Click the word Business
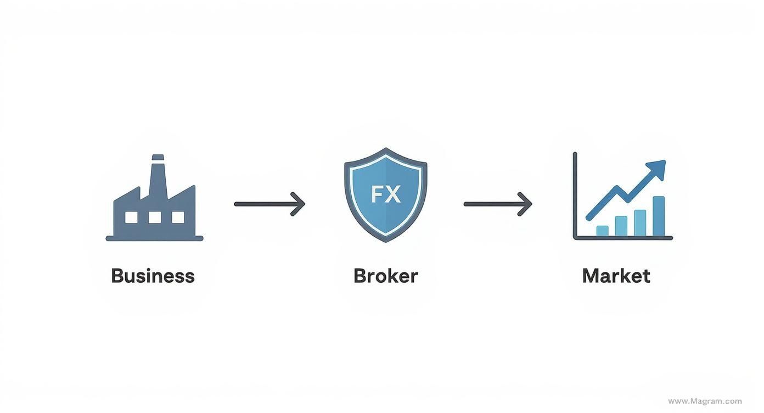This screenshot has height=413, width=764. [x=153, y=276]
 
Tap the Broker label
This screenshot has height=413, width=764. [x=385, y=276]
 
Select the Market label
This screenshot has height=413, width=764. [x=616, y=276]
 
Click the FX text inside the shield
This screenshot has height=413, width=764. [x=385, y=194]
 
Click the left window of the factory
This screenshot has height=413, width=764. [x=131, y=217]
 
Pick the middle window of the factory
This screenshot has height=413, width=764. [x=154, y=217]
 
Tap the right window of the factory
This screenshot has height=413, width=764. [x=178, y=217]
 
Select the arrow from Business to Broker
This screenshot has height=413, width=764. [x=269, y=204]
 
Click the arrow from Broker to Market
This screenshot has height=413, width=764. [x=497, y=204]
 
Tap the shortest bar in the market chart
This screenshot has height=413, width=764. [x=602, y=231]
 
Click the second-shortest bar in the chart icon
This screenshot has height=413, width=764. [x=621, y=226]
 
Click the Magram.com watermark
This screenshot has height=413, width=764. [x=705, y=401]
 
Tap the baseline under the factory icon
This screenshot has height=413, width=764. [x=154, y=238]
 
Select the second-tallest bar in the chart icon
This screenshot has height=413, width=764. [x=640, y=222]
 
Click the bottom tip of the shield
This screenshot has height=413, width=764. [x=386, y=241]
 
